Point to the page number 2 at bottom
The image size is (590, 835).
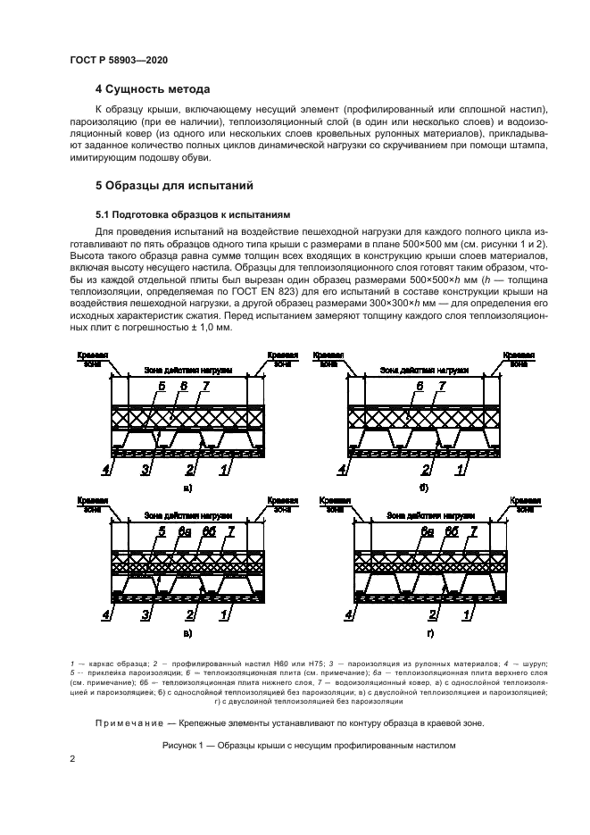(x=72, y=758)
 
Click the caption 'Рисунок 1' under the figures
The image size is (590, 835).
(x=309, y=743)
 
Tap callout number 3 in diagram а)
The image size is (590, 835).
(x=144, y=468)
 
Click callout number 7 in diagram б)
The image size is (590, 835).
(x=440, y=387)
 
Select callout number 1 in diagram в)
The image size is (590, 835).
(x=224, y=614)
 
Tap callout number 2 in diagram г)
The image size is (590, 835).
(x=431, y=614)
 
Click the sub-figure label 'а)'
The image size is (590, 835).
(x=187, y=488)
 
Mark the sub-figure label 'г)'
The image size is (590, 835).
(x=429, y=633)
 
